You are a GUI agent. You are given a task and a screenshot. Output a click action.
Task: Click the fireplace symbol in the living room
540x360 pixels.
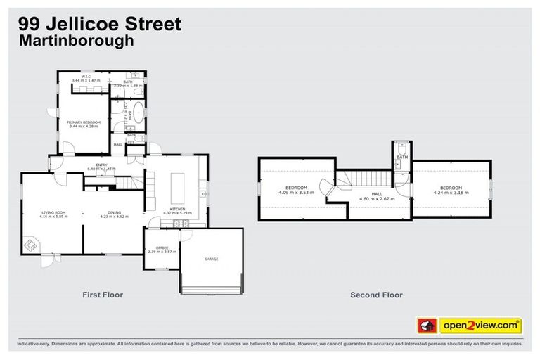(31, 245)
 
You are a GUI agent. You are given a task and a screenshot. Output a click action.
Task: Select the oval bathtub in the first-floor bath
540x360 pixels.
(139, 113)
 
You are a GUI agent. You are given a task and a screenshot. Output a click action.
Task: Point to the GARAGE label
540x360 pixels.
(211, 259)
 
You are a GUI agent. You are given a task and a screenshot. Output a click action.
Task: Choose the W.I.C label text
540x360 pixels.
(86, 76)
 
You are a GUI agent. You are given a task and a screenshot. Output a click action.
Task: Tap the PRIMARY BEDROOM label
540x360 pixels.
(84, 122)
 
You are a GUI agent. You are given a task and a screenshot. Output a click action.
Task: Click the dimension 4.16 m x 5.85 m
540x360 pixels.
(53, 216)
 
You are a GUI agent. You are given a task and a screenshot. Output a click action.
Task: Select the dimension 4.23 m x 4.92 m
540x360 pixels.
(114, 216)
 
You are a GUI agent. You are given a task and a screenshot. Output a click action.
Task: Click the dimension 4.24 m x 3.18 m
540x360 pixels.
(451, 192)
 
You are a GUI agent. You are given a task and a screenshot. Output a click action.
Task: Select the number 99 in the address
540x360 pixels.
(30, 23)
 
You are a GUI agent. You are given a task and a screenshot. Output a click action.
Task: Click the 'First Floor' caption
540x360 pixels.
(103, 295)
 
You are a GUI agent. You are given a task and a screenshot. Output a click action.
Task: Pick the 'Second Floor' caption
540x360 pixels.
(376, 295)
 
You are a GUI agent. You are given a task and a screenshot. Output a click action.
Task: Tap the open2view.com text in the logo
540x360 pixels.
(480, 326)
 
